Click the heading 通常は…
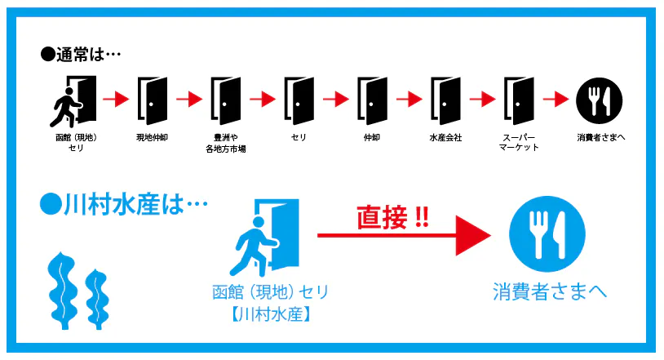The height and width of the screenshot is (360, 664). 81,55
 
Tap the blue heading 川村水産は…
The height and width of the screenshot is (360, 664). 124,205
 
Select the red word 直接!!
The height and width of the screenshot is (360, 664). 392,217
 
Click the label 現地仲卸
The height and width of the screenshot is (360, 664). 152,137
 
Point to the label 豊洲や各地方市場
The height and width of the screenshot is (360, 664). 226,143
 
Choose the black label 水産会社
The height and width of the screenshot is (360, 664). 445,137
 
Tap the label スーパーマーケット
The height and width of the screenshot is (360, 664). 519,143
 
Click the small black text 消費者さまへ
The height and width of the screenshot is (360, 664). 601,137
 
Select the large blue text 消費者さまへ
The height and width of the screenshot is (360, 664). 550,291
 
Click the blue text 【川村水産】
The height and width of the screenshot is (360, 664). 271,314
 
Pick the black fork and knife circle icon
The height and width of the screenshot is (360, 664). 600,101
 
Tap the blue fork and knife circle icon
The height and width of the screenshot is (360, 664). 547,233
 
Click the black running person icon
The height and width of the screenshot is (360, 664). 64,107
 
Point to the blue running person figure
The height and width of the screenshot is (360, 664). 253,247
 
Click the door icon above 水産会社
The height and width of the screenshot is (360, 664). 445,101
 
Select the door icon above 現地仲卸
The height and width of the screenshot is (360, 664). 152,101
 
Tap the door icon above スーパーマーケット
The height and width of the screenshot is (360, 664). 519,101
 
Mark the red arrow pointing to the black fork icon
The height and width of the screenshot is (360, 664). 556,100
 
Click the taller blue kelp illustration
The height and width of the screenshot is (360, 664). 62,291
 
